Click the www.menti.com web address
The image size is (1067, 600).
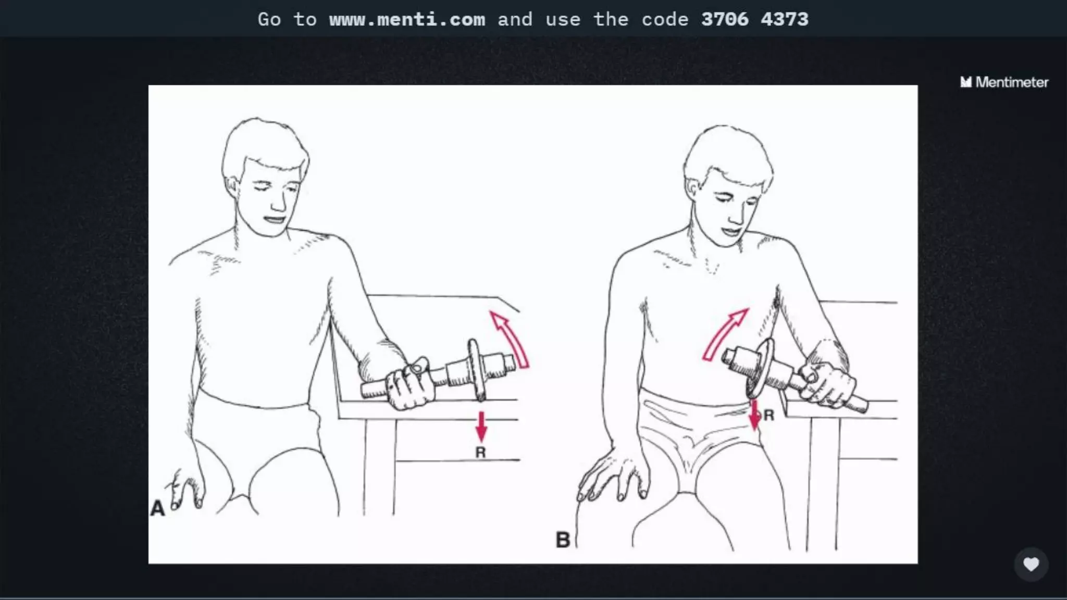(407, 19)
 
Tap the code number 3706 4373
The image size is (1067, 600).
(755, 19)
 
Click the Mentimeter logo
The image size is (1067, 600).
(1004, 82)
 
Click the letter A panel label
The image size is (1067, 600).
(157, 508)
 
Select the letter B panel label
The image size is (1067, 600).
(563, 540)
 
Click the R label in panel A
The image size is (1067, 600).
(480, 453)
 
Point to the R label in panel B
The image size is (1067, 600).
(768, 415)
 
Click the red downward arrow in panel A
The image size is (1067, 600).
(481, 427)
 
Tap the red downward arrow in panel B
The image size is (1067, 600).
(754, 415)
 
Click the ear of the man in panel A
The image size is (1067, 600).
(231, 187)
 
